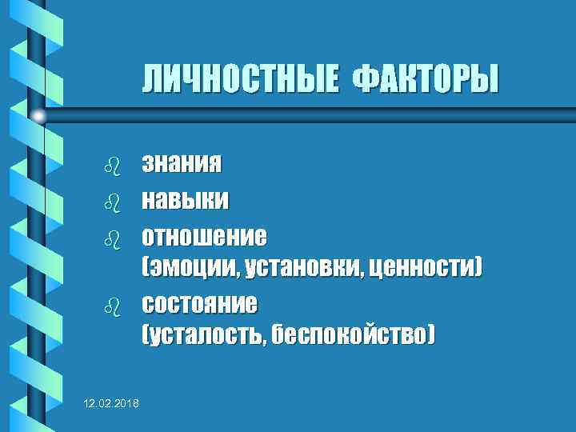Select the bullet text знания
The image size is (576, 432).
tap(182, 165)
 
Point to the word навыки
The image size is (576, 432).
tap(185, 199)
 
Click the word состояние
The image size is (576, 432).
tap(200, 305)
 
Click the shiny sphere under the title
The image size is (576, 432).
tap(38, 117)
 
